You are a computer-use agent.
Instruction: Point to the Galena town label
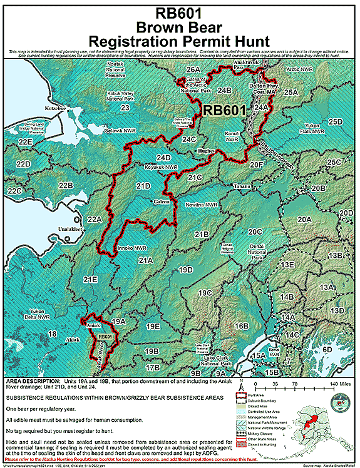click(162, 202)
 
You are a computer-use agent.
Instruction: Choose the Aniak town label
click(91, 325)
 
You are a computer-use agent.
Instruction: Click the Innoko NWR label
click(130, 248)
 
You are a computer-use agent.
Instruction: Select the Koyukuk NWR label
click(143, 168)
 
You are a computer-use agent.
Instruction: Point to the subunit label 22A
click(95, 219)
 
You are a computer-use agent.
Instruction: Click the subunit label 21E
click(90, 279)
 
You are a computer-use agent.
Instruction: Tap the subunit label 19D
click(185, 270)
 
